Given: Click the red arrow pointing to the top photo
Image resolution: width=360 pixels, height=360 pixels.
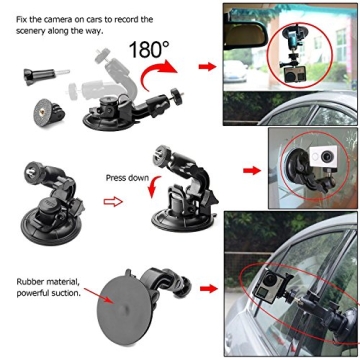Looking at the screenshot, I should tap(207, 66).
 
